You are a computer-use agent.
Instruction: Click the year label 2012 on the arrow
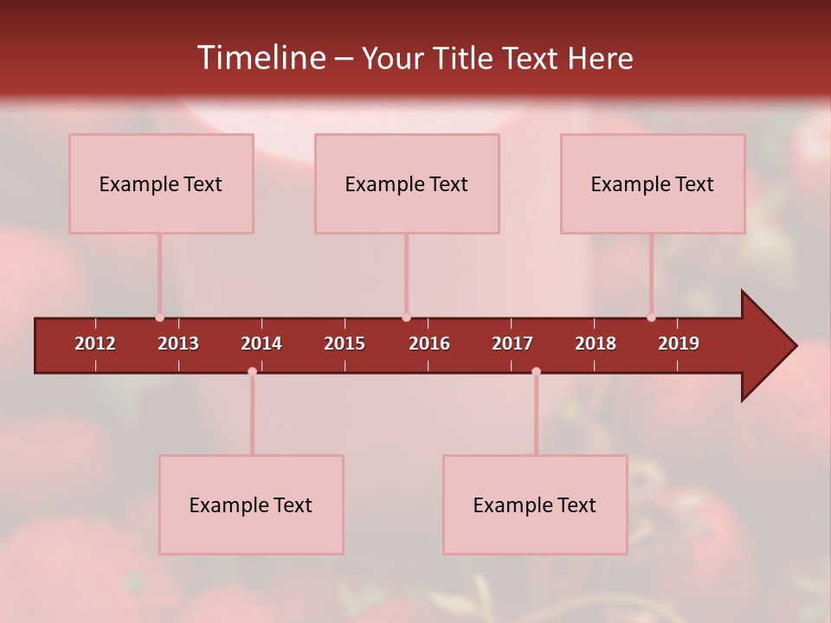click(95, 344)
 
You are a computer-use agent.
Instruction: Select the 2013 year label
click(178, 344)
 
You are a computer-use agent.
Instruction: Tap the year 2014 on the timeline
click(261, 344)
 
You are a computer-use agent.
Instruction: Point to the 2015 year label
click(345, 344)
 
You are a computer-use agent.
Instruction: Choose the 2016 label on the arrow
click(429, 344)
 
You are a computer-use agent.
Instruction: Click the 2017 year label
click(512, 344)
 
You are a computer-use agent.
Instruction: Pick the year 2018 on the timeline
click(596, 344)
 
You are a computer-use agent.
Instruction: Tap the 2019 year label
click(679, 344)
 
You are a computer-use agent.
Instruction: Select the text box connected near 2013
click(161, 183)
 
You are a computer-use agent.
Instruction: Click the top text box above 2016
click(407, 183)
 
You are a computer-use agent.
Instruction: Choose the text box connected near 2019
click(653, 183)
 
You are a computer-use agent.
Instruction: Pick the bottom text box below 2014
click(251, 504)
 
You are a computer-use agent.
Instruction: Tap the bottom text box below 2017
click(535, 504)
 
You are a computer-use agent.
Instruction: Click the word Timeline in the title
click(260, 58)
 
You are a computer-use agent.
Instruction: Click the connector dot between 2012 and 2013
click(159, 318)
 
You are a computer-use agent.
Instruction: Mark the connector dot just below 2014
click(252, 371)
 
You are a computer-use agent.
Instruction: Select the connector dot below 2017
click(536, 371)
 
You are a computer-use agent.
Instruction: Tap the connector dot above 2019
click(651, 318)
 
